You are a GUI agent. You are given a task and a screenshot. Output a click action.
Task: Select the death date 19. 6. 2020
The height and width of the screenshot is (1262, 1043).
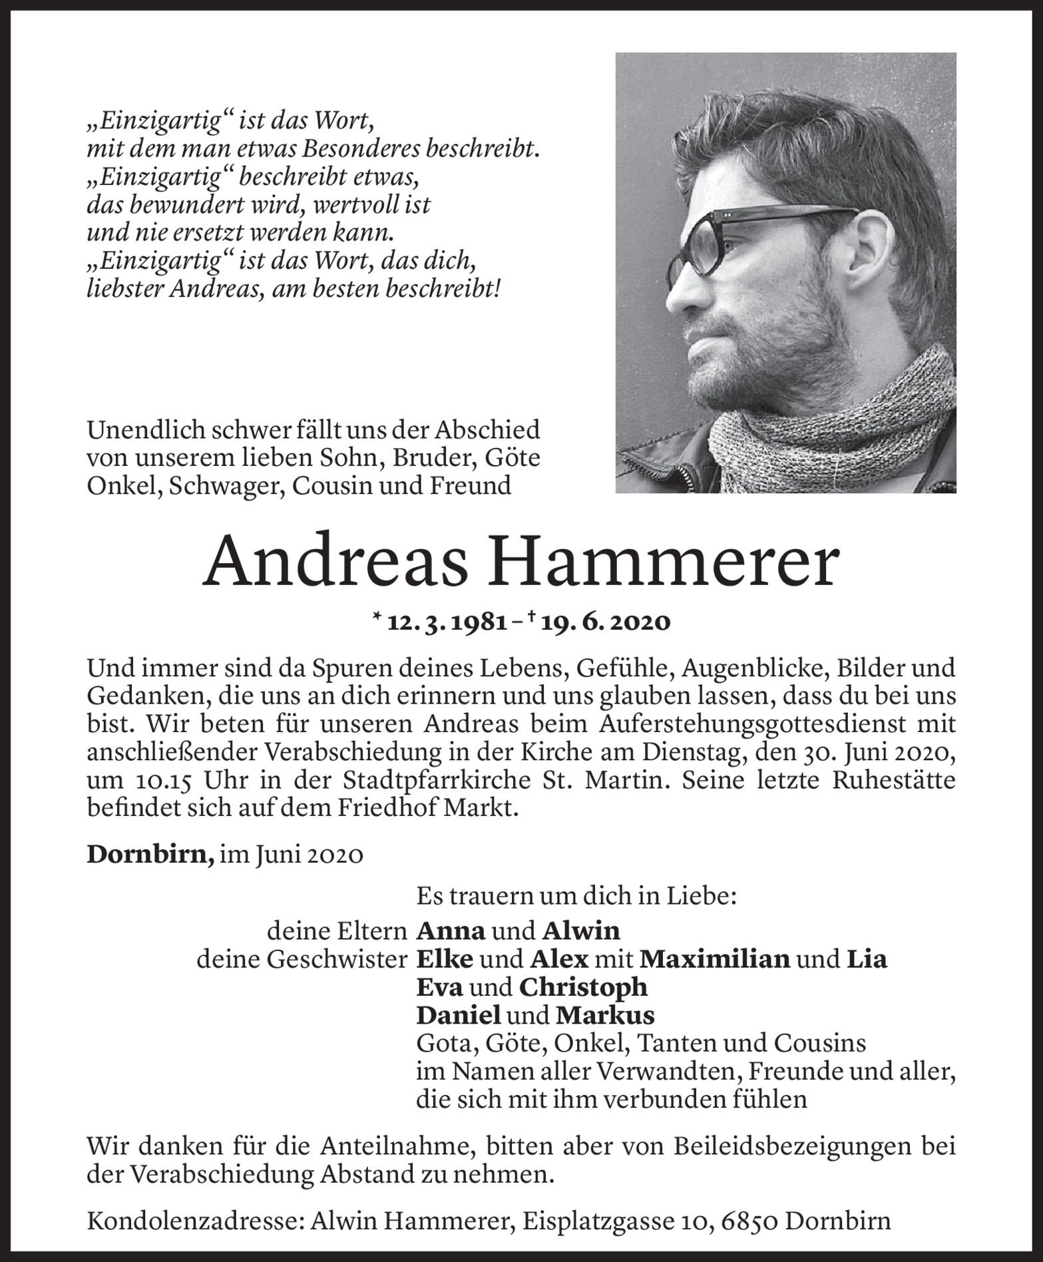click(606, 622)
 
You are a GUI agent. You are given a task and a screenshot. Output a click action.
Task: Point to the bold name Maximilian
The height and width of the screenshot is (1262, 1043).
click(714, 959)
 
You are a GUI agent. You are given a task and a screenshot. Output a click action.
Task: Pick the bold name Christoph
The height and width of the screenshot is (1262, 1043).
click(582, 986)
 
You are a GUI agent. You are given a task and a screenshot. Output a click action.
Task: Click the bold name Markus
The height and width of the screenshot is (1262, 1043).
click(604, 1015)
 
